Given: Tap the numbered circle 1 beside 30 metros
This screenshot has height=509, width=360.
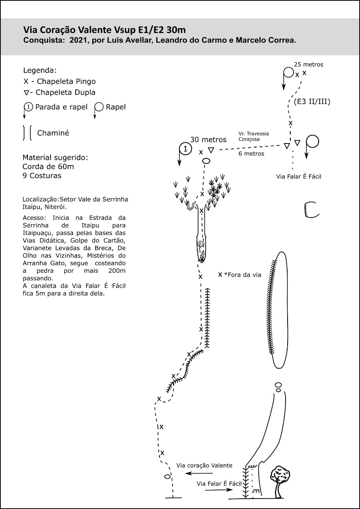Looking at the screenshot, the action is (185, 149).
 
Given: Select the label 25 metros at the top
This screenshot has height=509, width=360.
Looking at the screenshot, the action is (308, 64).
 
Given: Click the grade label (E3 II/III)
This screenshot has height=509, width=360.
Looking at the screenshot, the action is (312, 101).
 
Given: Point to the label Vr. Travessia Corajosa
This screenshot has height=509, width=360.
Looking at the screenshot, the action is (254, 136).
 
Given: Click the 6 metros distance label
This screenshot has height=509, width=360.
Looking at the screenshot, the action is (251, 154).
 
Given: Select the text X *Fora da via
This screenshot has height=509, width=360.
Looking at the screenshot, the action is (239, 275).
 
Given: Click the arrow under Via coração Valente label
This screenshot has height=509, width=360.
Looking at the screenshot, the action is (199, 473).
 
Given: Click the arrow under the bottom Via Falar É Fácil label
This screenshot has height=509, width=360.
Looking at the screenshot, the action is (219, 490).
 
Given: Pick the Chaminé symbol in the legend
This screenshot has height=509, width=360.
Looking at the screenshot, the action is (27, 133).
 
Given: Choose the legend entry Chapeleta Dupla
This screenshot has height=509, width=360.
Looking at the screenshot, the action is (60, 93).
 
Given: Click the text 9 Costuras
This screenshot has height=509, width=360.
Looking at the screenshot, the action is (42, 176).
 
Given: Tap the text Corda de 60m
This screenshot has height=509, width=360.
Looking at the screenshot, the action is (48, 167).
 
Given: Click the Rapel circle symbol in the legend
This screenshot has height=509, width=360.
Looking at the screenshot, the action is (99, 107).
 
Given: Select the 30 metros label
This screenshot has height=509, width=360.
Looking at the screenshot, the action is (208, 140).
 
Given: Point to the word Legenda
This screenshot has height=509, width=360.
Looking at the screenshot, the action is (40, 71).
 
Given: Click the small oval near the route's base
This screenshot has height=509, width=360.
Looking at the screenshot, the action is (167, 477).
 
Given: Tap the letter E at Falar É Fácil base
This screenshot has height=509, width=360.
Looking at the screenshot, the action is (256, 492).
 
